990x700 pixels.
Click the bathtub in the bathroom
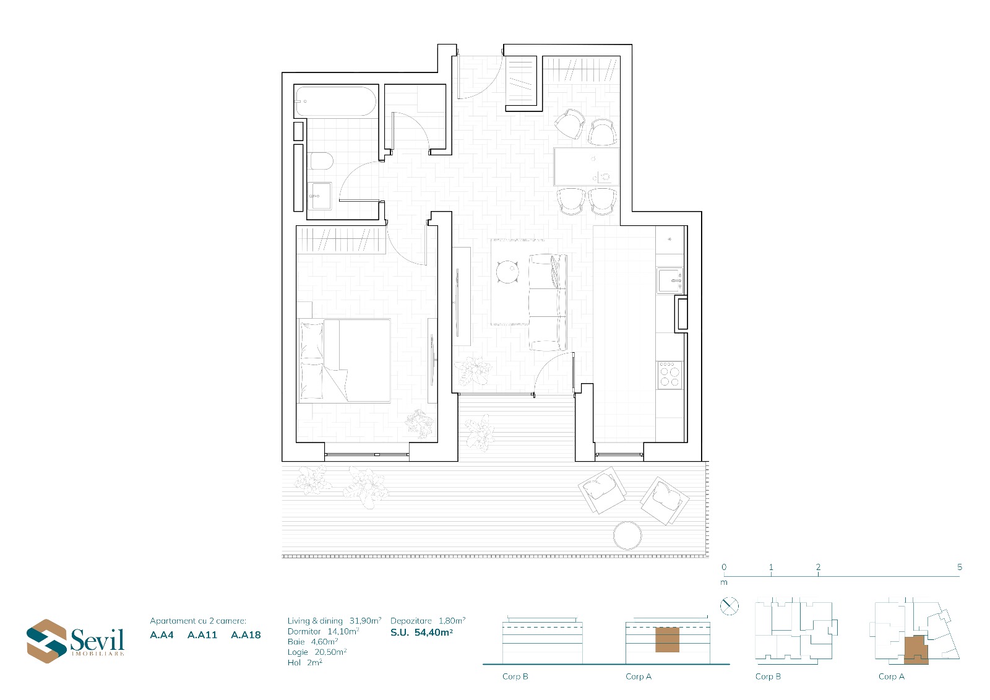[336, 102]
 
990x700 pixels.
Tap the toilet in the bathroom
[321, 162]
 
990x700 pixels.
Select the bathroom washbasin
[320, 196]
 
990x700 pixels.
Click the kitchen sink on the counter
[670, 280]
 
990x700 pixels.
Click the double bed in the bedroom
[344, 360]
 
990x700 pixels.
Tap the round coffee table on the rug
[507, 272]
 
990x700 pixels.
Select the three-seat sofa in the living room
[548, 303]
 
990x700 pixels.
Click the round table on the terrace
[627, 535]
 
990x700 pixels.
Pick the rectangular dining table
[587, 166]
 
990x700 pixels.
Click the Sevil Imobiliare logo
[75, 641]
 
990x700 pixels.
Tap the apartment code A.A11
[202, 635]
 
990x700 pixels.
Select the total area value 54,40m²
[434, 633]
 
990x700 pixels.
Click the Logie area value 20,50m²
[330, 652]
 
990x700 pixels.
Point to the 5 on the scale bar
[960, 567]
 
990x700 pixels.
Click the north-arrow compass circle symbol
[730, 606]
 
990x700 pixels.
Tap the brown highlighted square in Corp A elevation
[667, 639]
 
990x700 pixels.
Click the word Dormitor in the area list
[304, 631]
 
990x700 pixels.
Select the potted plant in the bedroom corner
[419, 423]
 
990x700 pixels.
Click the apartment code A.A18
[246, 635]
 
